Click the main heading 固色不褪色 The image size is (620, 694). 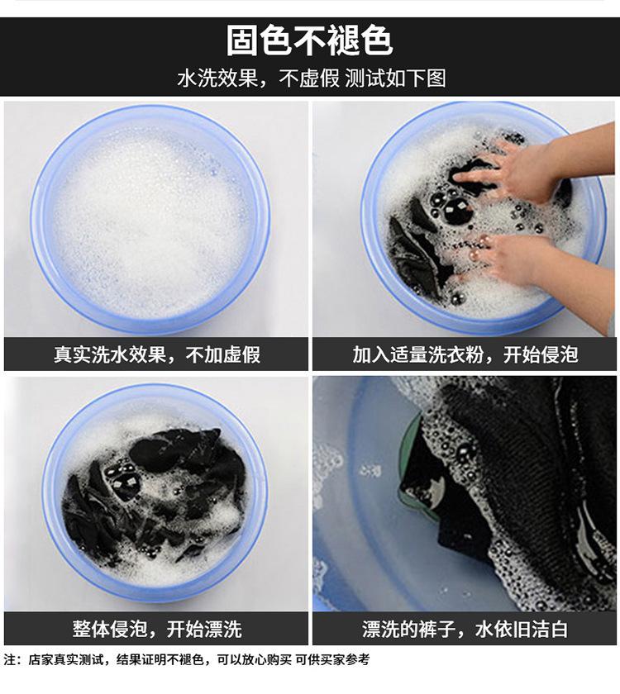coord(309,40)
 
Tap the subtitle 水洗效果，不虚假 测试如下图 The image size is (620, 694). coord(312,78)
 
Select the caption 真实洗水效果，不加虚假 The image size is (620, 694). coord(157,354)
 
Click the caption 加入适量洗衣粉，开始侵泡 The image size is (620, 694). coord(465,354)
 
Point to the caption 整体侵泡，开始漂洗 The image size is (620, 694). coord(157,629)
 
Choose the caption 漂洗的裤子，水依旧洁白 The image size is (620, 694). coord(465,629)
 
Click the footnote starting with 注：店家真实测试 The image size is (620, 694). coord(187,659)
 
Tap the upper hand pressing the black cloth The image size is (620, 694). coord(532,166)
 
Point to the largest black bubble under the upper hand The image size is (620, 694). coord(458,212)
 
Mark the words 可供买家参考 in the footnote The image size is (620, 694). coord(332,659)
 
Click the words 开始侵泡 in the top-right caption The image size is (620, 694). coord(541,354)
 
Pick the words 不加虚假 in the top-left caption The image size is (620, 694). coord(223,354)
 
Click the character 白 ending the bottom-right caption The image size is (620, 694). coord(559,629)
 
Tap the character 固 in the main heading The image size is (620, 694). coord(242,40)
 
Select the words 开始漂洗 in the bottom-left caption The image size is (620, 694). coord(204,629)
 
